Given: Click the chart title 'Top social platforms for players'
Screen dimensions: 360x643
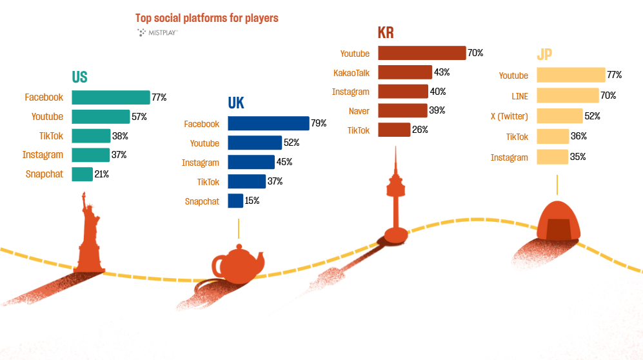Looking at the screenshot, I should [x=207, y=18].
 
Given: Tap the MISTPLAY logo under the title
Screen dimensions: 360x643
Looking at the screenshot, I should [x=157, y=32].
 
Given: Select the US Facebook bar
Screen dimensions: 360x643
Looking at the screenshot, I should [x=110, y=97].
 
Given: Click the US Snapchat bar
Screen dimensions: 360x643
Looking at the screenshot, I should [x=82, y=174].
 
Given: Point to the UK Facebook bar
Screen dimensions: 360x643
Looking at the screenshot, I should [x=268, y=124].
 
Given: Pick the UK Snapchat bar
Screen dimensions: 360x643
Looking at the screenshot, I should [x=235, y=201].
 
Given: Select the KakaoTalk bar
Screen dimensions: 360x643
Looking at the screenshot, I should [x=404, y=72].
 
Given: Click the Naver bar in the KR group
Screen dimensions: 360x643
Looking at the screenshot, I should [x=402, y=110].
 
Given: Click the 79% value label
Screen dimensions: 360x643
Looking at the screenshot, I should [x=319, y=123].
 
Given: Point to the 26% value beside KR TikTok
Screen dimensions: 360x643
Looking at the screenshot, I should [x=420, y=130].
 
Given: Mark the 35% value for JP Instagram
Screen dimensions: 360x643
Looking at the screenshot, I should [x=578, y=157].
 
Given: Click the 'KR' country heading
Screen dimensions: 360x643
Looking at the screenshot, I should [x=386, y=33].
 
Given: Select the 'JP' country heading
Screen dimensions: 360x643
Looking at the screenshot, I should [x=545, y=54].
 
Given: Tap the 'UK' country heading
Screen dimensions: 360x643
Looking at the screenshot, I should [x=236, y=103].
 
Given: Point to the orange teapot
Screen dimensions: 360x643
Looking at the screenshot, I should [x=239, y=263].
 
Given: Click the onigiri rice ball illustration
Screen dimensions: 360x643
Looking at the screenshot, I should [x=558, y=220].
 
